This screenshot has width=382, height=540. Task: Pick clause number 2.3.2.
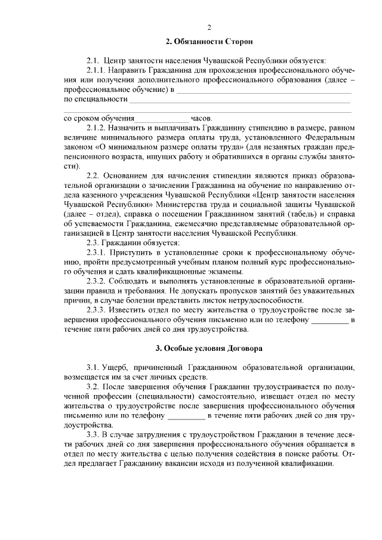point(98,281)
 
